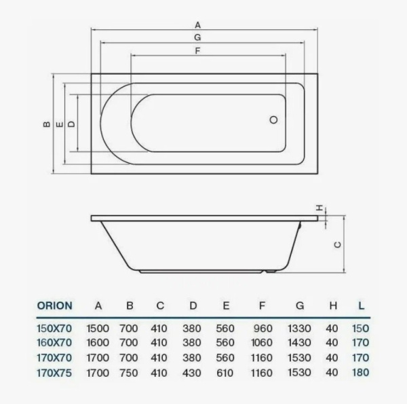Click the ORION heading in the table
click(55, 306)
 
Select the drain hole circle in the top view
click(274, 120)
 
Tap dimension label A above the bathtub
click(198, 24)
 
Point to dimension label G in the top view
click(197, 37)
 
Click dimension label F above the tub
click(197, 50)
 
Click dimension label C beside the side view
click(337, 246)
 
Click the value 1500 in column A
click(98, 329)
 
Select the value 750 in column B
click(129, 373)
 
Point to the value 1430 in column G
click(299, 343)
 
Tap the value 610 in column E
click(225, 373)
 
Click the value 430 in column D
click(193, 373)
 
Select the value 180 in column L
click(361, 373)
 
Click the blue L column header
click(361, 306)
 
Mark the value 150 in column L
click(361, 329)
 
